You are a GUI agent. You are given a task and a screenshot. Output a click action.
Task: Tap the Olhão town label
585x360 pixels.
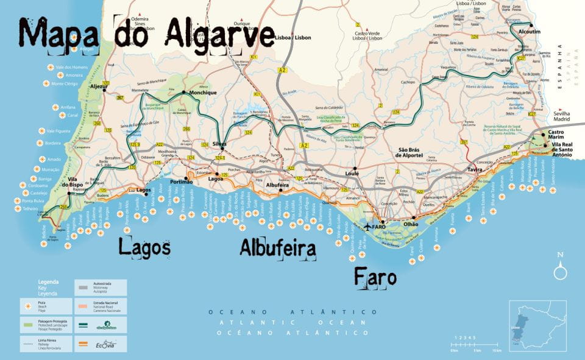coord(411,224)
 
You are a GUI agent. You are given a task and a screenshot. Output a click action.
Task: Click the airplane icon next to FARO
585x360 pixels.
coord(367,227)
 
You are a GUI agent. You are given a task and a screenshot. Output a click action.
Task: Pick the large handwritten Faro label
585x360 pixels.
coord(375,276)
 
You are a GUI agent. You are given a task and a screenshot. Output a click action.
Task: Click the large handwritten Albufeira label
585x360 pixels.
coord(277,249)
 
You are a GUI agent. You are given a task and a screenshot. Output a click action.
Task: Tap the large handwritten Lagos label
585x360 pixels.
coord(144,247)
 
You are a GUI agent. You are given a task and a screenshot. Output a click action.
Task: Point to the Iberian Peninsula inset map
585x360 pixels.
coord(537,326)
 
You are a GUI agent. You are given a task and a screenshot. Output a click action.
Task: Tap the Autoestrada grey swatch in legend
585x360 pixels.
coord(83,284)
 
